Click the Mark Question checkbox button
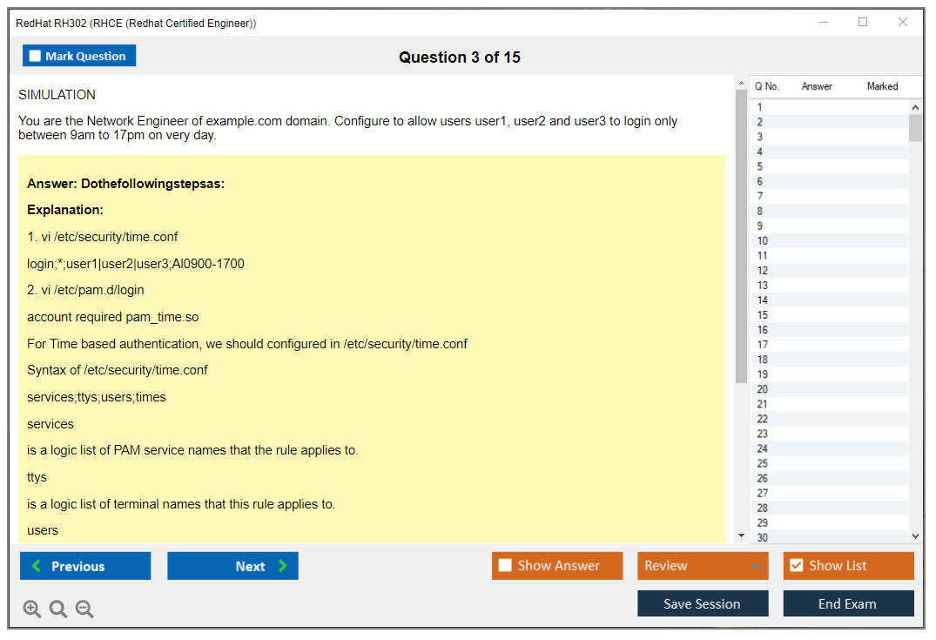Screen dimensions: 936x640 tap(78, 56)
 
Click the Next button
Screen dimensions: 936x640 tap(232, 566)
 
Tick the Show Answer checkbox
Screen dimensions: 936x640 tap(505, 565)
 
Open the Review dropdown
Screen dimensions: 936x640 tap(703, 566)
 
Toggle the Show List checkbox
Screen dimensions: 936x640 tap(797, 565)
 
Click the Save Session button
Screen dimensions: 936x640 tap(703, 603)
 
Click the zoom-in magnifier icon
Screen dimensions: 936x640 tap(31, 609)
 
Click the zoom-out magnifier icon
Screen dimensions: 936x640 tap(84, 609)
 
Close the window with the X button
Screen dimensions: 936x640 tap(903, 22)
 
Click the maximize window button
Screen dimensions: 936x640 tap(863, 22)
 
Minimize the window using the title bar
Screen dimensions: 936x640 tap(824, 22)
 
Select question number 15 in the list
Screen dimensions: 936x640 tap(762, 314)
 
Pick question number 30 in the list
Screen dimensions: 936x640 tap(762, 537)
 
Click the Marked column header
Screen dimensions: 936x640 tap(882, 86)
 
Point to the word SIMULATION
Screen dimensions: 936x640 tap(57, 95)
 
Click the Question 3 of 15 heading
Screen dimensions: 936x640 tap(460, 57)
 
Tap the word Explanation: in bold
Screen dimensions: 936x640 tap(65, 210)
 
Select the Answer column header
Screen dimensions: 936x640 tap(817, 86)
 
